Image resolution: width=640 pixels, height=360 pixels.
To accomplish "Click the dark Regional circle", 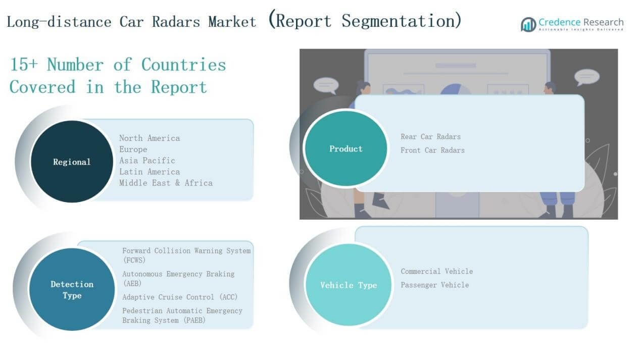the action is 72,162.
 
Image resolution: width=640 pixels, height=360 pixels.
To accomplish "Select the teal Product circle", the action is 346,148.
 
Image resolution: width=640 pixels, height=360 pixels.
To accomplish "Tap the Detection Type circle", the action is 72,289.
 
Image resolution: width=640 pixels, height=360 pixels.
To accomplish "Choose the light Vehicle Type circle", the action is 349,285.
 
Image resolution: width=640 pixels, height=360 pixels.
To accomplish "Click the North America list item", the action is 150,138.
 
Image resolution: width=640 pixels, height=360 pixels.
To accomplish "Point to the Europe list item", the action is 133,149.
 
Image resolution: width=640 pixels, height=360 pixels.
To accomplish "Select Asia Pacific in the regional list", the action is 147,161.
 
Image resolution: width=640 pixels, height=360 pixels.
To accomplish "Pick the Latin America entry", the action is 150,172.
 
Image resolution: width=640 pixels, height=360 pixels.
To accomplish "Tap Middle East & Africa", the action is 166,183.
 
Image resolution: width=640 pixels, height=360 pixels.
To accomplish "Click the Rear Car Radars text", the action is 430,137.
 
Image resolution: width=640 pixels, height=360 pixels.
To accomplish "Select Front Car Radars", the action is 432,150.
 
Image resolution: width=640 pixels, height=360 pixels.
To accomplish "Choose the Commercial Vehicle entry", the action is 437,271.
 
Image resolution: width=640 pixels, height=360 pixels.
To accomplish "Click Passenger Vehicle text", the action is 435,285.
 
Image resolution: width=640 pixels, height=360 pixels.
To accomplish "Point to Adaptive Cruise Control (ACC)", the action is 180,297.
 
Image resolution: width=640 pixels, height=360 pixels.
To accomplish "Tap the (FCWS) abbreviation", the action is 134,260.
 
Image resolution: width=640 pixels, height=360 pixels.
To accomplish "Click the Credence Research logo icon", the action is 528,25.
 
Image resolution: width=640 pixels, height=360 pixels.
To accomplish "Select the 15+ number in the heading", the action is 24,64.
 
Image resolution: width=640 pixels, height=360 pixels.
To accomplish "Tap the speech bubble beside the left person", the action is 326,85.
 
